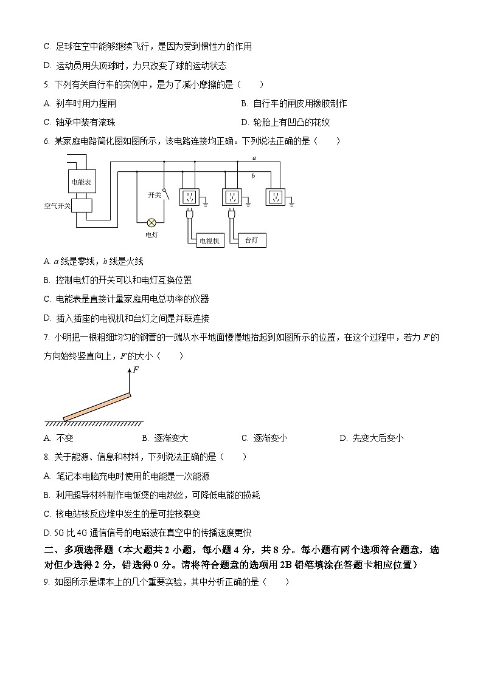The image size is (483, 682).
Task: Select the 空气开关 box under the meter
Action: point(82,206)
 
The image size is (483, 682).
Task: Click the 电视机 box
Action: point(210,241)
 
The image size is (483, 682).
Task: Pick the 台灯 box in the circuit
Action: point(251,240)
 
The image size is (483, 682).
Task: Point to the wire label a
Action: point(254,158)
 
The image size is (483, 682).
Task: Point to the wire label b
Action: point(253,176)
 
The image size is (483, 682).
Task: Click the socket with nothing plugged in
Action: point(276,197)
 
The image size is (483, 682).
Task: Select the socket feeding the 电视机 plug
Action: point(189,197)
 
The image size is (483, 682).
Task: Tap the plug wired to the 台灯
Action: point(232,213)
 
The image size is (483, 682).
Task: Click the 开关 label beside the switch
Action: point(155,195)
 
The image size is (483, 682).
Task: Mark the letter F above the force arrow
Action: point(136,370)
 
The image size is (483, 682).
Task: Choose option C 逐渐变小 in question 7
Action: point(265,438)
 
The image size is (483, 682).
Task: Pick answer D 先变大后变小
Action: point(371,438)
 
